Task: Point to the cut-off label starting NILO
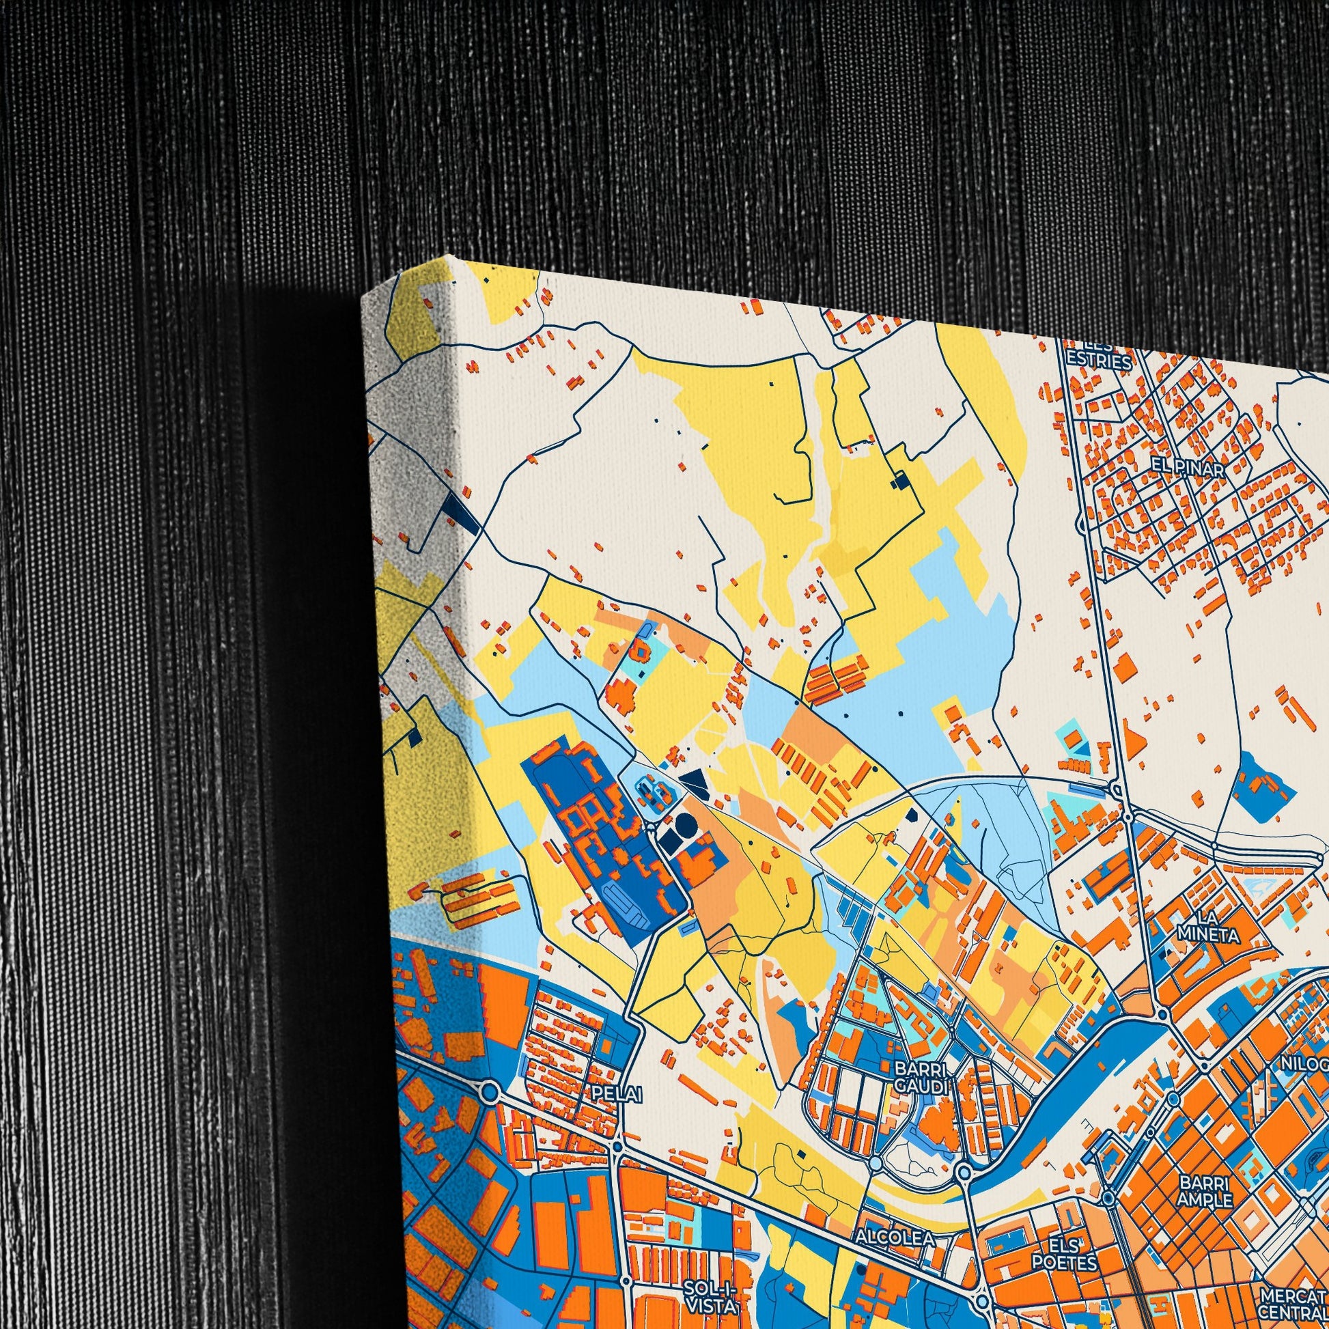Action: point(1304,1064)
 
